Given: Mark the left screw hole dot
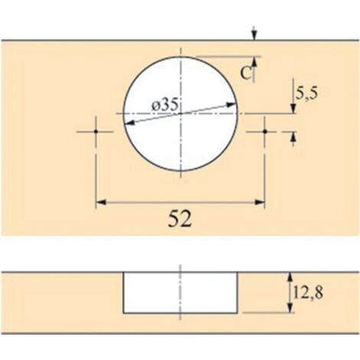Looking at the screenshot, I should (96, 131).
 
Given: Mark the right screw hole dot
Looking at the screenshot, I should (265, 131).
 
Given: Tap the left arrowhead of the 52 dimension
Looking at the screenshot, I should (100, 203).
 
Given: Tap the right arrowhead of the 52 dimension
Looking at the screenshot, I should (260, 203).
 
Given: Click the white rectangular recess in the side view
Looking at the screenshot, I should (181, 292).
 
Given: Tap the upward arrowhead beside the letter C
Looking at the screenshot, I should (255, 61).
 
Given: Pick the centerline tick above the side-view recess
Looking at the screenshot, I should (181, 266).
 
